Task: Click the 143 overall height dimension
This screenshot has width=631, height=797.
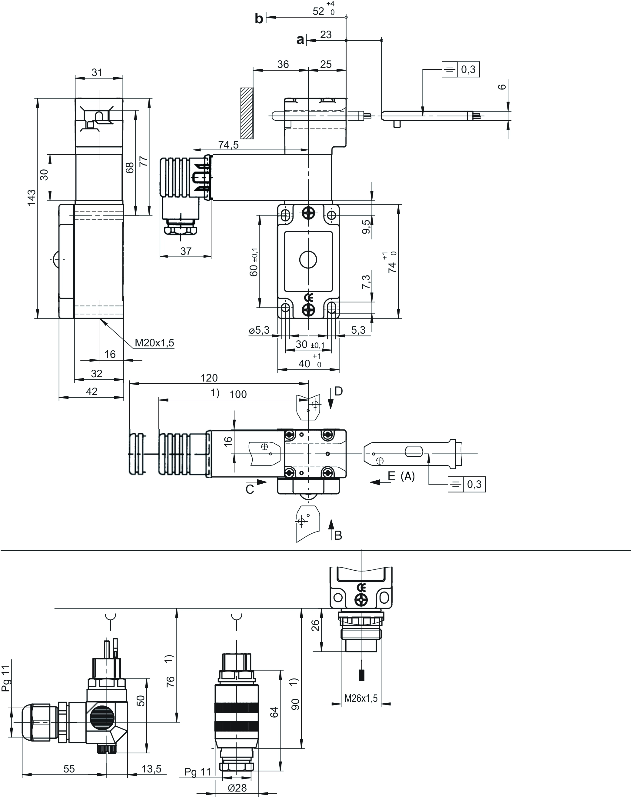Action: click(32, 197)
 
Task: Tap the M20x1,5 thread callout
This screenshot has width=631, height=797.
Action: click(154, 342)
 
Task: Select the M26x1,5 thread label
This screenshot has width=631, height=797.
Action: click(361, 698)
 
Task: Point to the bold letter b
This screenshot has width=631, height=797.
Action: click(259, 18)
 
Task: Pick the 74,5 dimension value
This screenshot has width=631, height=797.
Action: click(228, 145)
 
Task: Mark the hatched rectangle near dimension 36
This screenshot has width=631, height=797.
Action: click(247, 113)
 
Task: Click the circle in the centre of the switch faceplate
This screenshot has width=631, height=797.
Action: click(308, 260)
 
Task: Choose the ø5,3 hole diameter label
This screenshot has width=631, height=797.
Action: click(259, 330)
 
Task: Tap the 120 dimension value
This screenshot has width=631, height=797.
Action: click(209, 378)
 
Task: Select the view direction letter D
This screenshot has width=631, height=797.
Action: click(338, 391)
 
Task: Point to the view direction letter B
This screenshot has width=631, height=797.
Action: click(338, 535)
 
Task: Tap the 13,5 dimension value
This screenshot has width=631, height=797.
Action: click(151, 769)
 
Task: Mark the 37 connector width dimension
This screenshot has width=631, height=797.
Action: click(186, 251)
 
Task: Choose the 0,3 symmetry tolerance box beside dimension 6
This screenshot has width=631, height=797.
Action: click(461, 69)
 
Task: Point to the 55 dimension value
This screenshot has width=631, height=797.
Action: click(69, 769)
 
